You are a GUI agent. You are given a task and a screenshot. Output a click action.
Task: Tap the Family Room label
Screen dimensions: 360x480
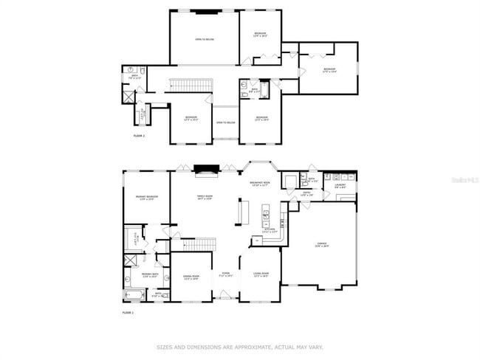pos(205,197)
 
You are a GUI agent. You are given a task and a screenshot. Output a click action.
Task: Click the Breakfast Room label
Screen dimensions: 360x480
pos(259,184)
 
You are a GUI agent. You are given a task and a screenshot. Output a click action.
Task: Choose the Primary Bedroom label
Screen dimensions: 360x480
pos(145,197)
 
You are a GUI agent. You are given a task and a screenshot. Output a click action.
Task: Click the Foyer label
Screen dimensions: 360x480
pos(226,275)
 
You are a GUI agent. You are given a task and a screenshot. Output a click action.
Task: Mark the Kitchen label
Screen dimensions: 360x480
pos(270,230)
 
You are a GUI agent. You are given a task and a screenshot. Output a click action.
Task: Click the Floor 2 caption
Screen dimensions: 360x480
pos(139,136)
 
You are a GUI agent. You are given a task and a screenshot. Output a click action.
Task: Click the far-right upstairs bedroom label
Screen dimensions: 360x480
pos(329,70)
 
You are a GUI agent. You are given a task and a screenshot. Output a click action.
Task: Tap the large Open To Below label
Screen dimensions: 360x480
pos(205,39)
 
